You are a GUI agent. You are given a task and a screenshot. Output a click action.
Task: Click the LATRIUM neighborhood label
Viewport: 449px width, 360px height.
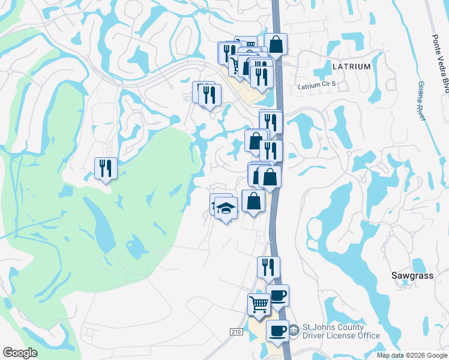click(351, 67)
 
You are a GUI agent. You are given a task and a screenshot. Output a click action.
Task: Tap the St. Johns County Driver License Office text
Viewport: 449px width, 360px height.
click(341, 331)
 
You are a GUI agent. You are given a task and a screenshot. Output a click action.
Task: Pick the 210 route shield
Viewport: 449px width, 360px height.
click(237, 331)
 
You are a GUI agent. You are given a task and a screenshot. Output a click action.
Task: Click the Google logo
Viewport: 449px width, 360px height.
click(20, 353)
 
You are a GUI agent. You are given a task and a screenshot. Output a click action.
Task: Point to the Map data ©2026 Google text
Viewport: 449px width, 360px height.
click(411, 355)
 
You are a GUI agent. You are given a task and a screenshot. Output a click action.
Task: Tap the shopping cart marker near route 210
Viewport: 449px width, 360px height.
click(259, 304)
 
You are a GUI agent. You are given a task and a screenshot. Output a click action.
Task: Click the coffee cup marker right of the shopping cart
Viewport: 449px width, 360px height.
click(278, 295)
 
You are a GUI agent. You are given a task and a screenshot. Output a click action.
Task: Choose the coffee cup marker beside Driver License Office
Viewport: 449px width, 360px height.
click(277, 331)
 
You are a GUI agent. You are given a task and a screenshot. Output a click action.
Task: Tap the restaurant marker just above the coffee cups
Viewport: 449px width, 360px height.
click(268, 267)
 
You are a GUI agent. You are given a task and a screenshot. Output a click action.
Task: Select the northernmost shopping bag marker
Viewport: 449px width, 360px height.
click(276, 44)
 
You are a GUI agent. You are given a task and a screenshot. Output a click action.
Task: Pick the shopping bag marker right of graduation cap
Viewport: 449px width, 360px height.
click(253, 200)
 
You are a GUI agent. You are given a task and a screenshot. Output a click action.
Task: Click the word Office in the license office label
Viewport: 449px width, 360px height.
click(367, 335)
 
